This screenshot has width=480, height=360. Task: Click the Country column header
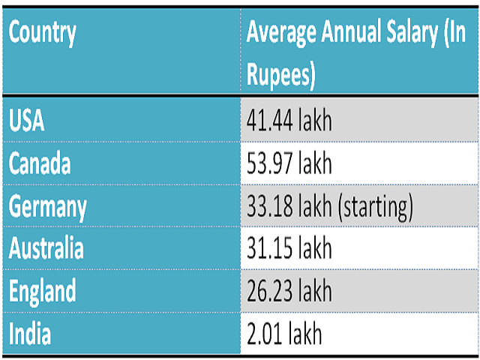click(42, 34)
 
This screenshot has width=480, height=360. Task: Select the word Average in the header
click(280, 34)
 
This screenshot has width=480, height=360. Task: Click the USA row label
click(27, 121)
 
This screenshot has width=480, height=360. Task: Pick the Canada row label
click(40, 163)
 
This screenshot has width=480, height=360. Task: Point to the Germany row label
click(48, 205)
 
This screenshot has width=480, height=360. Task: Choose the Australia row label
click(46, 247)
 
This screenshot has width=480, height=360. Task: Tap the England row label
click(43, 290)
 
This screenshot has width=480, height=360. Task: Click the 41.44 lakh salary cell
click(289, 121)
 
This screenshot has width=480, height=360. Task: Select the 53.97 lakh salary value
click(289, 163)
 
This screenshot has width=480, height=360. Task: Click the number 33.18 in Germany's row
click(268, 205)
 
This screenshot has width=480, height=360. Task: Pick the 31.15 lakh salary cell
click(288, 247)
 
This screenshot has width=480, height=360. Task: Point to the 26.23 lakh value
click(289, 290)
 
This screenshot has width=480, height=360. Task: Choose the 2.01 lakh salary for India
click(283, 332)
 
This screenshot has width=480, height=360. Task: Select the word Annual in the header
click(346, 34)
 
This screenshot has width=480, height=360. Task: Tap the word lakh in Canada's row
click(314, 163)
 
